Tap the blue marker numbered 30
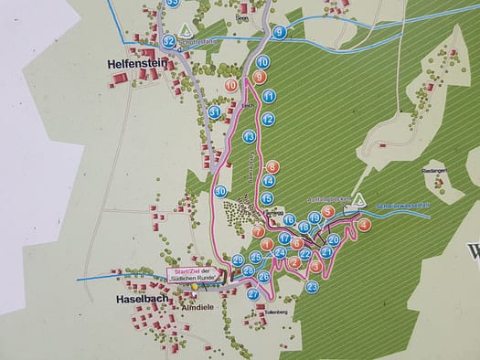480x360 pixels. pyautogui.click(x=220, y=191)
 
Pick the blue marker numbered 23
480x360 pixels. pyautogui.click(x=312, y=286)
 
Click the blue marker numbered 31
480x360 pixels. pyautogui.click(x=214, y=111)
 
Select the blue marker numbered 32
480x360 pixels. pyautogui.click(x=169, y=41)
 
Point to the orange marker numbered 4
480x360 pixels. pyautogui.click(x=364, y=224)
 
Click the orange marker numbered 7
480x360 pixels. pyautogui.click(x=258, y=232)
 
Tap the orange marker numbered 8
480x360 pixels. pyautogui.click(x=272, y=166)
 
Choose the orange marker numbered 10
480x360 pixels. pyautogui.click(x=230, y=85)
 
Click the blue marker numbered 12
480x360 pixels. pyautogui.click(x=267, y=119)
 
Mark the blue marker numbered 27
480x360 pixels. pyautogui.click(x=253, y=293)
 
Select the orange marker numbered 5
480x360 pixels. pyautogui.click(x=327, y=211)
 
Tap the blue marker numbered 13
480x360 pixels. pyautogui.click(x=249, y=136)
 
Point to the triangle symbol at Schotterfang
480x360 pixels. pyautogui.click(x=187, y=29)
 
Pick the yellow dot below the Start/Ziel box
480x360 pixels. pyautogui.click(x=194, y=287)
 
